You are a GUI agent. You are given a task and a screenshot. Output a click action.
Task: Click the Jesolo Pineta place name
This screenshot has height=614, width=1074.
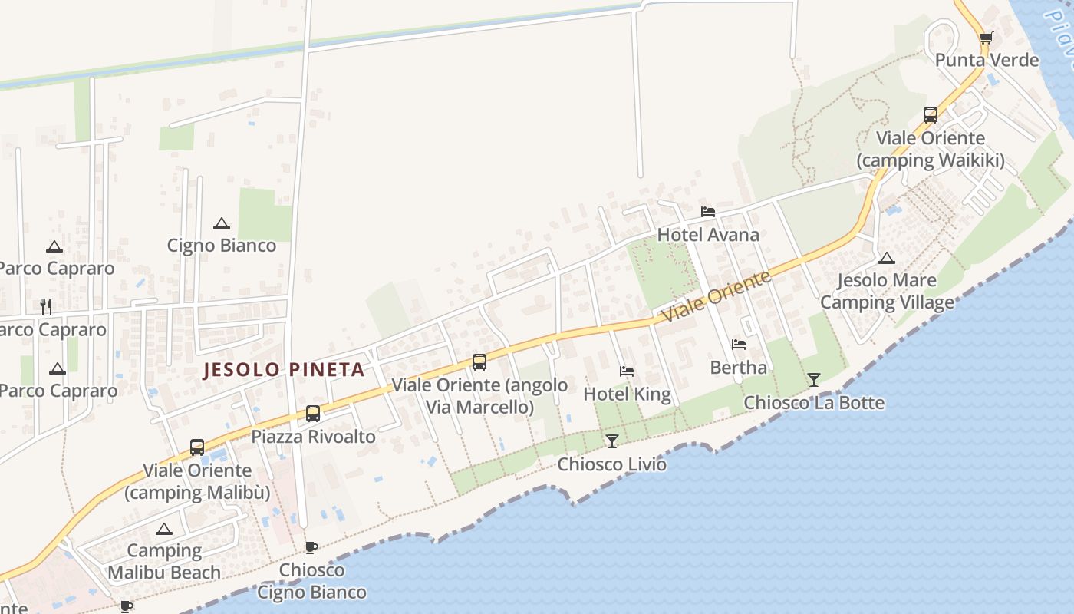[x=283, y=370]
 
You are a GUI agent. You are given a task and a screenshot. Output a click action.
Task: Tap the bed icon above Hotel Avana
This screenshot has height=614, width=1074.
[x=707, y=212]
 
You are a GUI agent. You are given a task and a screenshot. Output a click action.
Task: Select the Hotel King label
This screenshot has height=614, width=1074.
[x=627, y=394]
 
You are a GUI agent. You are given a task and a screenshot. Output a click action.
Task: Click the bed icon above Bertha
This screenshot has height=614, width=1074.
[x=738, y=345]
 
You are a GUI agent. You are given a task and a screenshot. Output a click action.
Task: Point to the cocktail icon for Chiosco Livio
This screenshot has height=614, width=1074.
[x=611, y=441]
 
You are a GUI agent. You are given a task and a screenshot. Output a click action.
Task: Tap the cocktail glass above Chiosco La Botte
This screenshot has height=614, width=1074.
[x=813, y=380]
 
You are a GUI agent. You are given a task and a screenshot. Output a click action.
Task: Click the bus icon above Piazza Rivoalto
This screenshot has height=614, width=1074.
[x=313, y=414]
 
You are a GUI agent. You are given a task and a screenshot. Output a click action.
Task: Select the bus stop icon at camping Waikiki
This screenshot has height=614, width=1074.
[x=930, y=115]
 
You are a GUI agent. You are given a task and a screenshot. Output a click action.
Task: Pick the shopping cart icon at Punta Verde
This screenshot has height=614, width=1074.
[x=986, y=38]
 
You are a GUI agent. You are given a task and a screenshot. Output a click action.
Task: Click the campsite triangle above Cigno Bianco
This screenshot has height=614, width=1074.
[x=222, y=223]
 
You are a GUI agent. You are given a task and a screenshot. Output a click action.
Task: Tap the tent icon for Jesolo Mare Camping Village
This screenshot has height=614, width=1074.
[x=886, y=258]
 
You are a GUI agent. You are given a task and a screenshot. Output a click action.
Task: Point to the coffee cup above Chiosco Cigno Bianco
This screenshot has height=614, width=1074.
[x=311, y=547]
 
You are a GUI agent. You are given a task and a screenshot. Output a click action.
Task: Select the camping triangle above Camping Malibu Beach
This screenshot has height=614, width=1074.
[x=163, y=529]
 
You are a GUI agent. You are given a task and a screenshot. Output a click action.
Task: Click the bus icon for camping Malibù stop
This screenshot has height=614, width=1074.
[x=197, y=447]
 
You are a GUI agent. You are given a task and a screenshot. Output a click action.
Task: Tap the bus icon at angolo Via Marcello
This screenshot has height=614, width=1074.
[x=479, y=362]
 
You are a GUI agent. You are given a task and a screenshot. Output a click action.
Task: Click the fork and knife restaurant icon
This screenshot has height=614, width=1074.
[x=46, y=307]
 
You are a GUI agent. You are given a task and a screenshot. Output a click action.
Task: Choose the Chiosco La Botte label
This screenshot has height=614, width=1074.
[x=814, y=402]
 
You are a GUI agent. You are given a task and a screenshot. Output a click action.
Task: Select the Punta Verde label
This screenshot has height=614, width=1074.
[x=987, y=60]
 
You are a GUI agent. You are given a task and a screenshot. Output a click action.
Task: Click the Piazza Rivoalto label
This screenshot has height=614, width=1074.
[x=313, y=437]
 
